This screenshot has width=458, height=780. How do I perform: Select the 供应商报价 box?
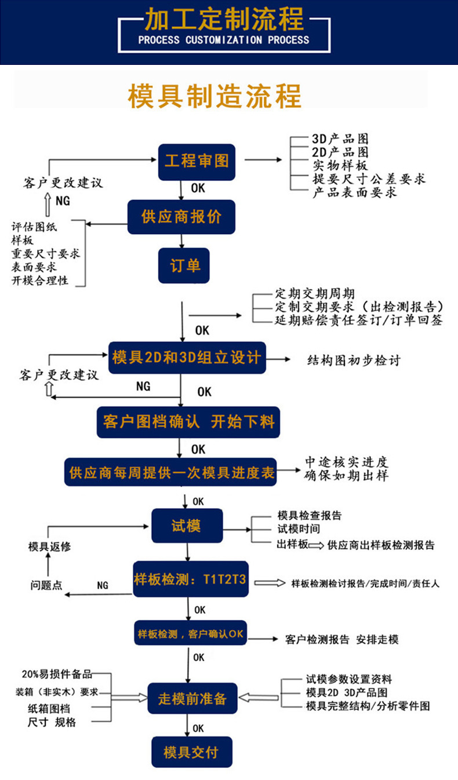181,217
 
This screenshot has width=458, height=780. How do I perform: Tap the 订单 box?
184,265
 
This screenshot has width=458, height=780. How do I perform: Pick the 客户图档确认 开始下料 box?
188,421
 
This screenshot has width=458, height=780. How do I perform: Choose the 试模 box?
187,526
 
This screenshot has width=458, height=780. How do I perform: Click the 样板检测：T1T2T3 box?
191,579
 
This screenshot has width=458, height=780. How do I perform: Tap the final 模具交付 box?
191,752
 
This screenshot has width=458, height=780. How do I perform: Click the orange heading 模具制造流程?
215,95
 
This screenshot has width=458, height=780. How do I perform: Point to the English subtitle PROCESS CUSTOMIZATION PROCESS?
224,40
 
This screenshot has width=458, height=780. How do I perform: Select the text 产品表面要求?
355,192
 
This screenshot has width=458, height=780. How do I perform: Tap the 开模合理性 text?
39,280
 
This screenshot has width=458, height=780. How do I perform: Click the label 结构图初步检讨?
353,360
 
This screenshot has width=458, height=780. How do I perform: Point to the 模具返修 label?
49,546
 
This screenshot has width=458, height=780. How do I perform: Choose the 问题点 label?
46,585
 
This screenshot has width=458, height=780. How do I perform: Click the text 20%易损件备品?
57,674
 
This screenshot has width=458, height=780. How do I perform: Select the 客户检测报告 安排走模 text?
342,640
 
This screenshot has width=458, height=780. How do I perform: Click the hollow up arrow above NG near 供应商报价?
48,201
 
